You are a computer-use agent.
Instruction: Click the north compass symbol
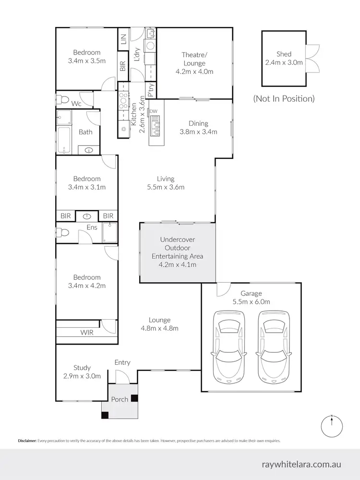[332, 426]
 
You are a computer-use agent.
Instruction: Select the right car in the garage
[274, 347]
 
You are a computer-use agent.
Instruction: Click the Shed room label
[284, 54]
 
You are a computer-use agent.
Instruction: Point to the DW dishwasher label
[154, 111]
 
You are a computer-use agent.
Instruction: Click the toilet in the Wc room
[62, 100]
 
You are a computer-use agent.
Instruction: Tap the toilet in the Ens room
[62, 232]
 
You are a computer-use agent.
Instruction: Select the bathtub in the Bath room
[64, 140]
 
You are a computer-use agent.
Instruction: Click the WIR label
[86, 333]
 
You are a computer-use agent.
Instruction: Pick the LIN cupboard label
[123, 39]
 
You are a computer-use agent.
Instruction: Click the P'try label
[151, 90]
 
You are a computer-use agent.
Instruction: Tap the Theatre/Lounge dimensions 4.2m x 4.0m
[194, 72]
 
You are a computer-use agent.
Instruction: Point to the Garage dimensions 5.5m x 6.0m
[252, 302]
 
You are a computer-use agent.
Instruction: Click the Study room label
[82, 368]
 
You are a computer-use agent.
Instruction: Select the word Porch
[120, 399]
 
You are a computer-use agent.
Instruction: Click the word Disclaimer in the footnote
[27, 441]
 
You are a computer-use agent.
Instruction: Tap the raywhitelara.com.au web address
[301, 464]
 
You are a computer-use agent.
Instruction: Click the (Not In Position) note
[284, 98]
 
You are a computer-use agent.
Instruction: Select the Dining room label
[198, 123]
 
